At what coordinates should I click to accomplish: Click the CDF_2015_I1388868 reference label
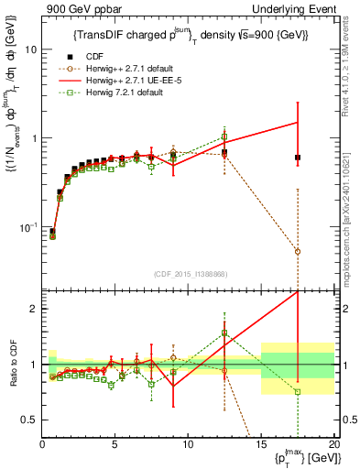189,274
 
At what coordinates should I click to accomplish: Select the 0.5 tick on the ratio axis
29,420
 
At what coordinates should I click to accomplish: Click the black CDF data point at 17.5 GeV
298,158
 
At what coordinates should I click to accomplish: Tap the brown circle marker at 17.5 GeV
298,251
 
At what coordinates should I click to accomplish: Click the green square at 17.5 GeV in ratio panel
298,392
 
